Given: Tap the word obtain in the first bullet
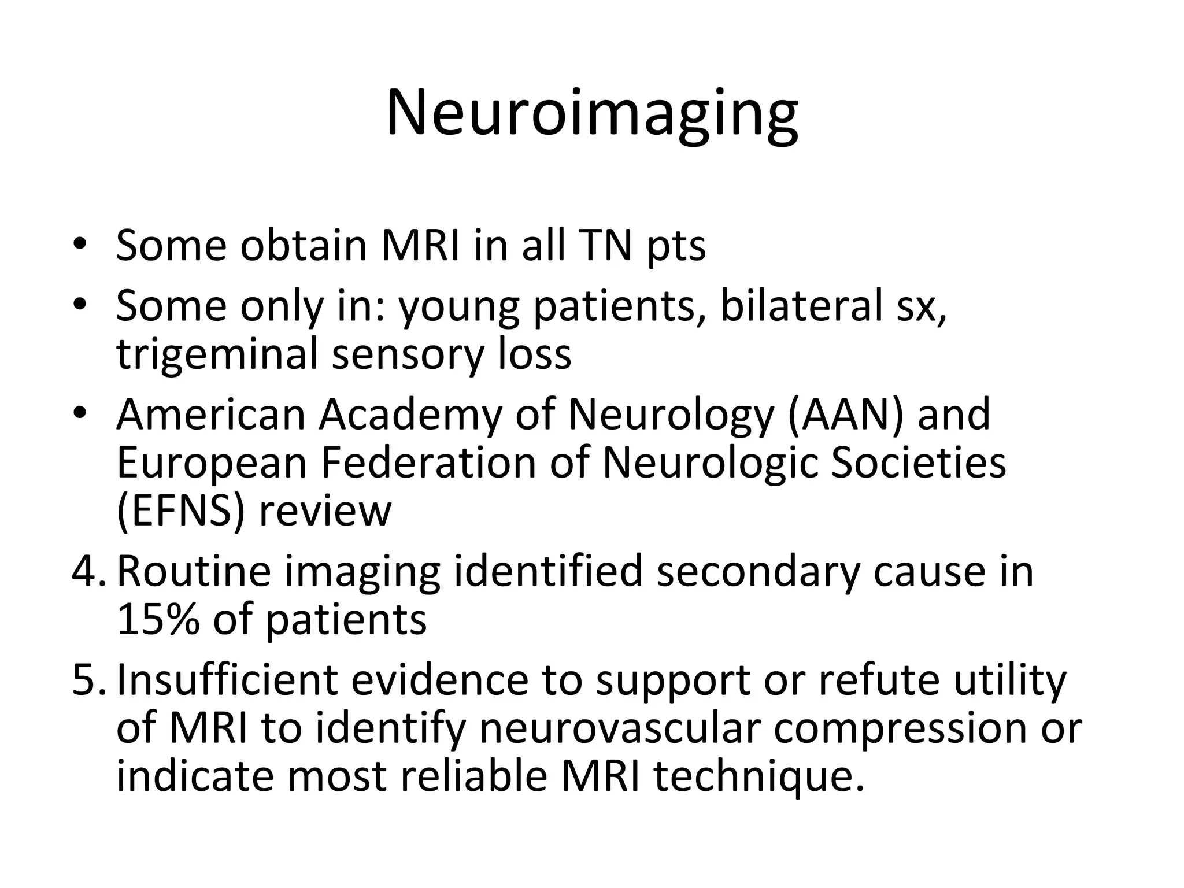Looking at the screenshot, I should pos(304,246).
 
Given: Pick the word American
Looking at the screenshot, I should pos(210,415).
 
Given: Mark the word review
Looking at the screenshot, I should pos(325,511).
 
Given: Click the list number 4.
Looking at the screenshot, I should pos(87,571).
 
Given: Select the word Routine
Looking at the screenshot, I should pos(194,571).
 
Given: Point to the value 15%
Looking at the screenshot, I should pos(158,619).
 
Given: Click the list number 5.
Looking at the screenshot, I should pos(87,680).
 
